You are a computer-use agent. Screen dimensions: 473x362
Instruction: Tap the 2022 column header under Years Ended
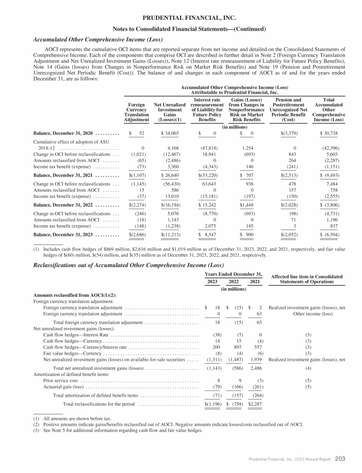tap(233, 282)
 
